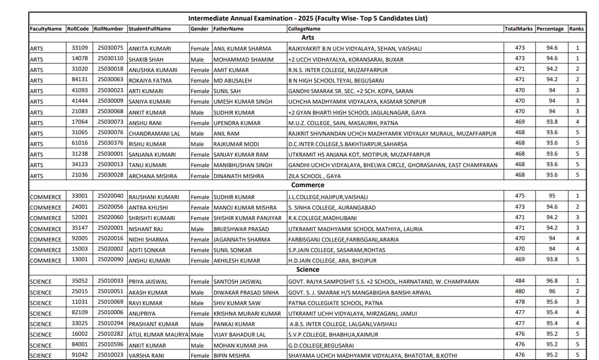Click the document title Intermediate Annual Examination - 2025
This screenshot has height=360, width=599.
pos(308,19)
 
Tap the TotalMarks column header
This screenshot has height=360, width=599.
pos(519,29)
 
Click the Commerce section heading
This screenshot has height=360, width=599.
pos(308,185)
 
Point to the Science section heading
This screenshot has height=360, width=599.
pos(308,270)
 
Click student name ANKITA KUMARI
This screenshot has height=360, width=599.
pos(149,49)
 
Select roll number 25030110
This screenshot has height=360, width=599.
pos(110,58)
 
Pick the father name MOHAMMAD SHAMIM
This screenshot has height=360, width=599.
pos(243,59)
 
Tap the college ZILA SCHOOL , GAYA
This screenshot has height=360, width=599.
pos(315,176)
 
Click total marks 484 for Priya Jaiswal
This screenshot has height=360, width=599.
pos(520,281)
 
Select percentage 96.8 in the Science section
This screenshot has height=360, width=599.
pos(552,281)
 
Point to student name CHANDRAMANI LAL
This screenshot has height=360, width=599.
pos(154,134)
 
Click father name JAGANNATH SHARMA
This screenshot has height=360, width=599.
pos(242,240)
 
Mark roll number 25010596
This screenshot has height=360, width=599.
pos(110,345)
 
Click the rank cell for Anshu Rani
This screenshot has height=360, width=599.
pos(577,122)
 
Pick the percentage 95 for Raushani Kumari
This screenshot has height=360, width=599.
pos(552,196)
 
